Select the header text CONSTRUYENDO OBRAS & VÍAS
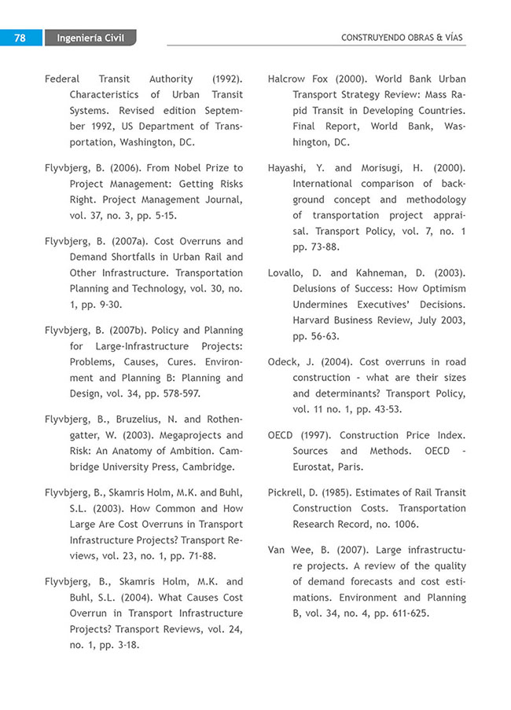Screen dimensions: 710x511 coord(403,37)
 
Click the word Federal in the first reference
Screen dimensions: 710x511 coord(62,79)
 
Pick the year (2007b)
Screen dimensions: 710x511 coord(132,330)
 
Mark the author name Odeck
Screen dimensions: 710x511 coord(285,362)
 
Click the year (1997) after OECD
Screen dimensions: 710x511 coord(317,435)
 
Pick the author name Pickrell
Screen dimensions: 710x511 coord(289,492)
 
